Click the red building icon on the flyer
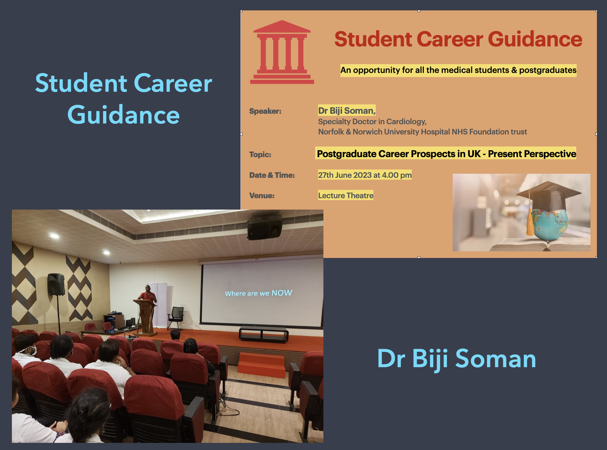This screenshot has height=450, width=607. pyautogui.click(x=282, y=52)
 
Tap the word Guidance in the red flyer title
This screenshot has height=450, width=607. pyautogui.click(x=535, y=39)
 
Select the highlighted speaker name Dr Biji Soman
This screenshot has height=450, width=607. pyautogui.click(x=347, y=110)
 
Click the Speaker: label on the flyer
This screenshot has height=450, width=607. pyautogui.click(x=265, y=111)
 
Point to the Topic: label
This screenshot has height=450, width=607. pyautogui.click(x=260, y=154)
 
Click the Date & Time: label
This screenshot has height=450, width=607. pyautogui.click(x=272, y=175)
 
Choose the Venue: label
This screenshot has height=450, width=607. pyautogui.click(x=262, y=196)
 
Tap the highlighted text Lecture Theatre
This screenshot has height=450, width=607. pyautogui.click(x=346, y=195)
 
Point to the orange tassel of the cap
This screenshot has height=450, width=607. pyautogui.click(x=529, y=221)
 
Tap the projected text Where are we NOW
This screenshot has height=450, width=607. pyautogui.click(x=259, y=293)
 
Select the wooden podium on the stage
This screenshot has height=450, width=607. pyautogui.click(x=145, y=316)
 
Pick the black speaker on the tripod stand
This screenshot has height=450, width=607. pyautogui.click(x=56, y=284)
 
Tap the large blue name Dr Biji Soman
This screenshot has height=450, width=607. pyautogui.click(x=456, y=359)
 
